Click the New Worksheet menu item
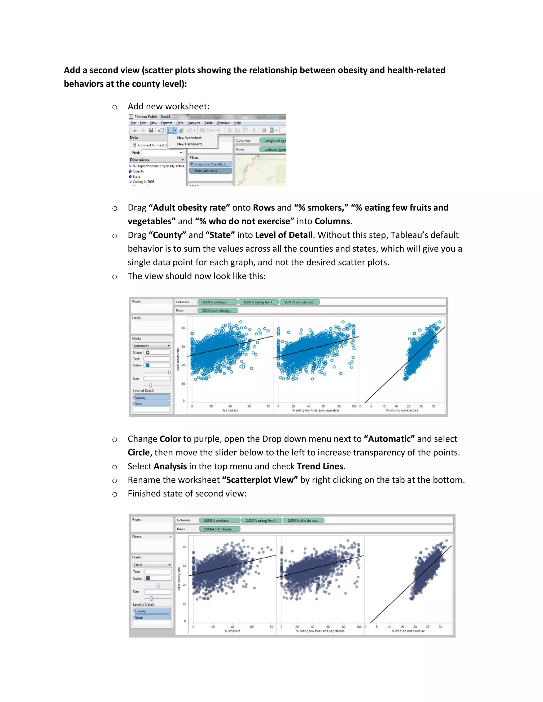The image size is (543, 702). pyautogui.click(x=189, y=137)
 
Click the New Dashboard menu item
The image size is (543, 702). pyautogui.click(x=189, y=144)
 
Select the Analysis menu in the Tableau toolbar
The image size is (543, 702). pyautogui.click(x=194, y=123)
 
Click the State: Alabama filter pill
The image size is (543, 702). pyautogui.click(x=210, y=171)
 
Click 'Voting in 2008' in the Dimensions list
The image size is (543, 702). pyautogui.click(x=143, y=182)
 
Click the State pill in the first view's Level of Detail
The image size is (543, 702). pyautogui.click(x=151, y=403)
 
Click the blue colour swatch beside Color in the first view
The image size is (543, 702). pyautogui.click(x=147, y=365)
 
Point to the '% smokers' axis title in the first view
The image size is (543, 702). pyautogui.click(x=230, y=410)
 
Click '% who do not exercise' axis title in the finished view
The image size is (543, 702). pyautogui.click(x=408, y=631)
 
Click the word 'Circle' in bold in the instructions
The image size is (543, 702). pyautogui.click(x=139, y=452)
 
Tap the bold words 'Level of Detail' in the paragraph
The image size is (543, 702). pyautogui.click(x=284, y=235)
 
